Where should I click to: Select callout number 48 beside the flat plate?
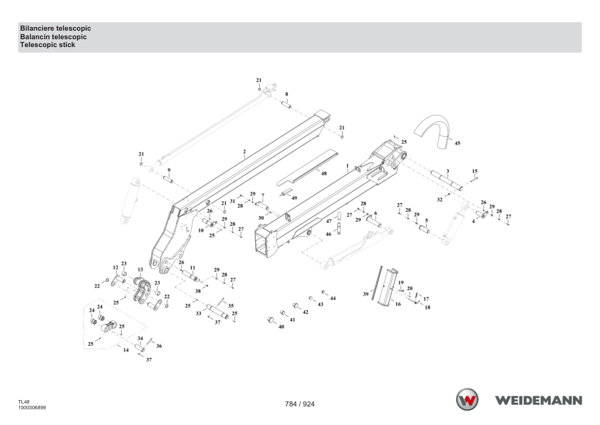(x=324, y=173)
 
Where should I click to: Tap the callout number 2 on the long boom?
(x=244, y=152)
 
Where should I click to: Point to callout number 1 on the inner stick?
(x=347, y=166)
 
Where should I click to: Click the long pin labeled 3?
(x=447, y=180)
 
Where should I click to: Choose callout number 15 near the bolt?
(x=475, y=171)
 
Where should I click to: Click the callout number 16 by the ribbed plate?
(x=398, y=304)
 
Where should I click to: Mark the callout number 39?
(x=366, y=294)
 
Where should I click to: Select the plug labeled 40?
(x=271, y=319)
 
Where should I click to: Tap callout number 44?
(x=333, y=298)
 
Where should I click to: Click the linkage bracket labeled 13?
(x=142, y=290)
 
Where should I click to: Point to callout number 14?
(x=126, y=350)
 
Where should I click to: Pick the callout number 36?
(x=159, y=346)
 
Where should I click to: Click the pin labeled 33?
(x=218, y=312)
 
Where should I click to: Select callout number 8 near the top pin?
(x=286, y=94)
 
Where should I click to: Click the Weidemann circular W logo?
(x=467, y=399)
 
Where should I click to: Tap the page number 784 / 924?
(x=299, y=404)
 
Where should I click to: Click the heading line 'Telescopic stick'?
(x=48, y=45)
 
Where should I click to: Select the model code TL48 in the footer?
(x=24, y=402)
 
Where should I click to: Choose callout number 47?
(x=329, y=221)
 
